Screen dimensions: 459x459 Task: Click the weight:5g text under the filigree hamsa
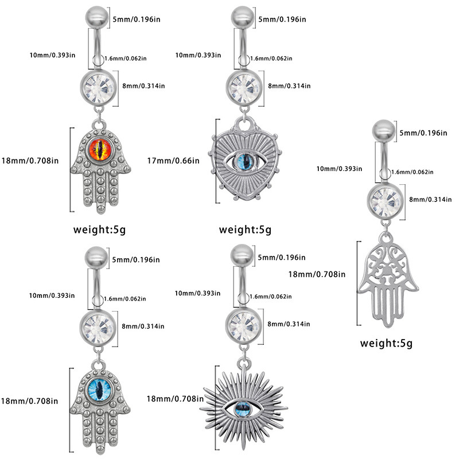click(386, 344)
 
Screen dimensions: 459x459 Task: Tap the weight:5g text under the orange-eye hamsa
click(99, 231)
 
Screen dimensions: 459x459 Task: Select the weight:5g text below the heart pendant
click(245, 231)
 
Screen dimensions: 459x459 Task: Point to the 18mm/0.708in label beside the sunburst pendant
click(173, 399)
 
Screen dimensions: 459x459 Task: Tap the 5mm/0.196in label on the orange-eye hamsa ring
click(137, 20)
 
